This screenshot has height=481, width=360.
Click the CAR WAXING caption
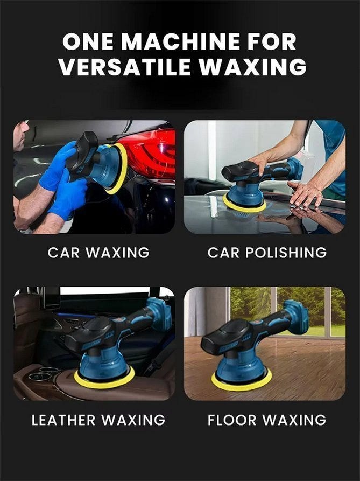(x=98, y=253)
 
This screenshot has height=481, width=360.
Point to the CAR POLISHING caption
(x=267, y=253)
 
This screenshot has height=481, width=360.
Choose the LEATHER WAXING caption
(x=98, y=420)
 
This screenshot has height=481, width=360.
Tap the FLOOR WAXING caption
(x=267, y=420)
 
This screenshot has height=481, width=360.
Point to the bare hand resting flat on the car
(x=305, y=193)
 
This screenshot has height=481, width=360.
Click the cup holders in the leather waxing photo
(x=44, y=373)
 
